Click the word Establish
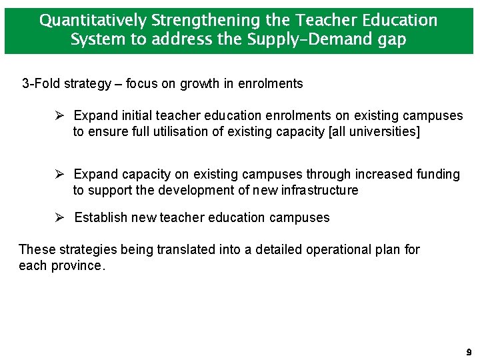(x=101, y=218)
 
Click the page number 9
(x=469, y=352)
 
